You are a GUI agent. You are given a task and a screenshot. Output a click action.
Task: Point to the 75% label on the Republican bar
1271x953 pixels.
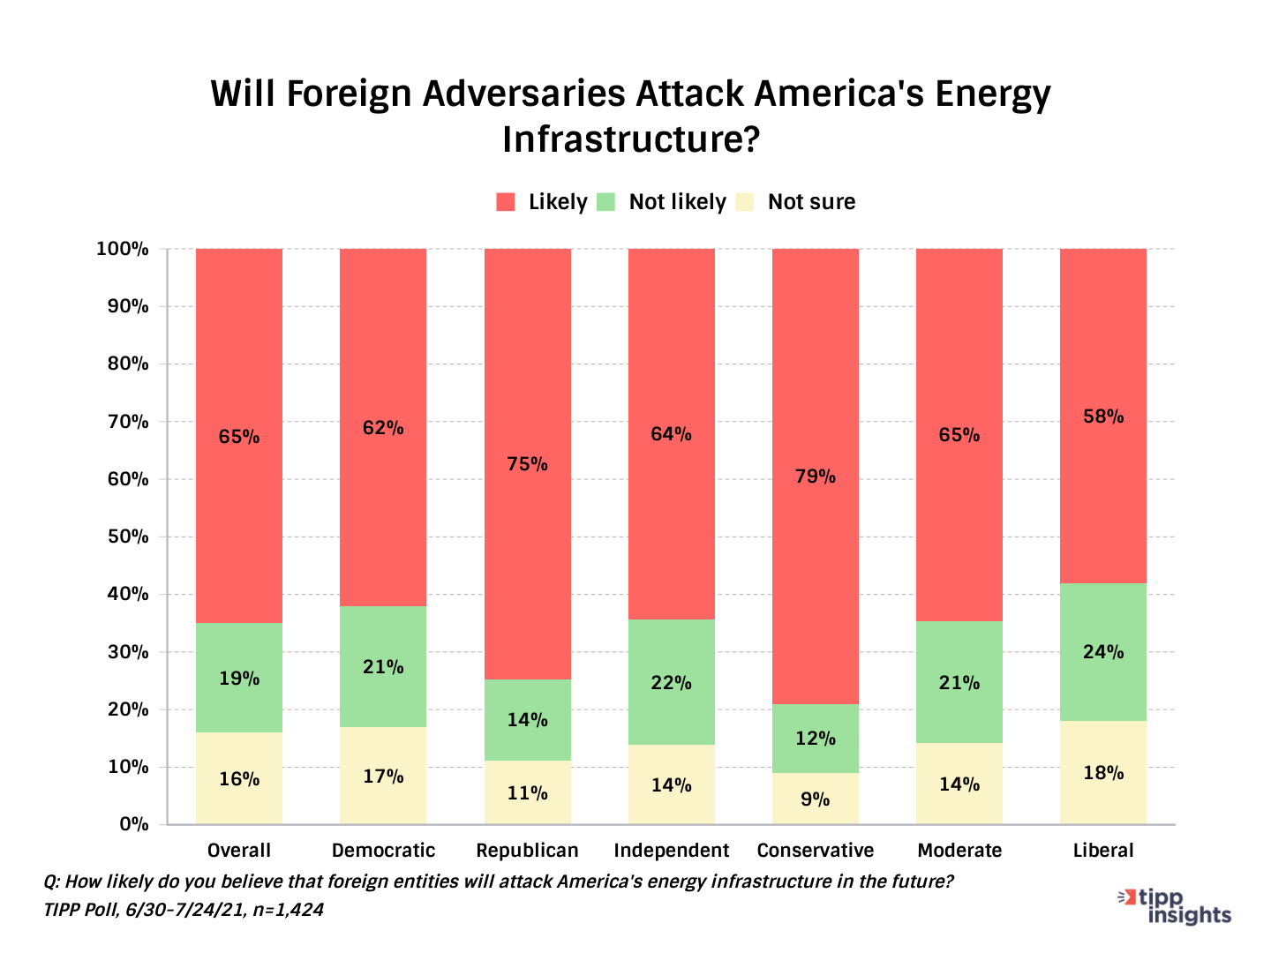(527, 464)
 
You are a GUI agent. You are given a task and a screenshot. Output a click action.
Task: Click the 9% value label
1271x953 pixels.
(815, 799)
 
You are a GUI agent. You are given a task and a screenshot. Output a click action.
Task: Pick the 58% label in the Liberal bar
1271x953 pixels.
(1103, 416)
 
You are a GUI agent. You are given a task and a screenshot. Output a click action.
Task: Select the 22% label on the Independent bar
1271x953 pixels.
(671, 683)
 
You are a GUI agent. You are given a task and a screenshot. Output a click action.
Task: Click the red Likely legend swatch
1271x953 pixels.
(506, 202)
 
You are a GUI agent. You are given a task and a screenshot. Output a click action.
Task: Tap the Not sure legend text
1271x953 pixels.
(811, 202)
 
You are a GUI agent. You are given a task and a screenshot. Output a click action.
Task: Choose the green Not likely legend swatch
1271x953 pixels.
(605, 202)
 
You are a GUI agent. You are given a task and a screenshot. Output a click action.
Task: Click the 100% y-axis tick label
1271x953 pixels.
(123, 249)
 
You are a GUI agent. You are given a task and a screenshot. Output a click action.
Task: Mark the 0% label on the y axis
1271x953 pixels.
(133, 824)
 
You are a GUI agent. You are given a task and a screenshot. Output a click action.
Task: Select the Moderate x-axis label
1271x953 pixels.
(959, 851)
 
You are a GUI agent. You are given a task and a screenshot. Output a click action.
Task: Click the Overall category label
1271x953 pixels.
(238, 851)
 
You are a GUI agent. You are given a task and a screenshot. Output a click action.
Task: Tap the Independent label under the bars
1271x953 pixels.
(671, 851)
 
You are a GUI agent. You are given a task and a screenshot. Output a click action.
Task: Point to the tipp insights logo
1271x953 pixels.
(1177, 906)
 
